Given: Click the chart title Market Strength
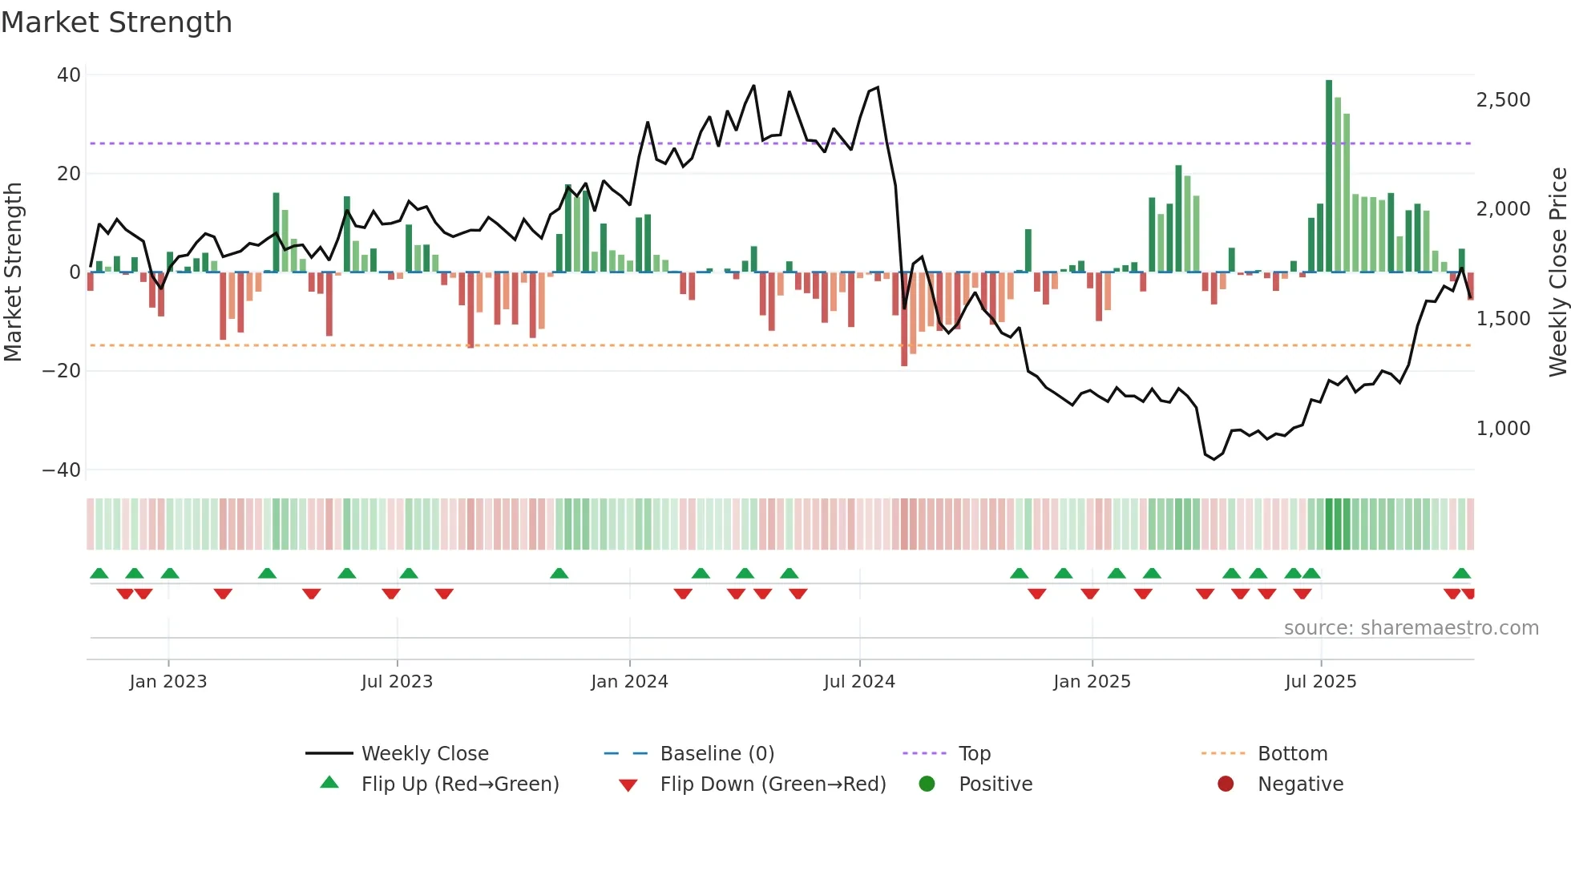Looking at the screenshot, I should (116, 22).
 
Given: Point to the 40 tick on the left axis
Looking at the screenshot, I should (69, 75).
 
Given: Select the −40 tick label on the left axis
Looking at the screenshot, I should (62, 470).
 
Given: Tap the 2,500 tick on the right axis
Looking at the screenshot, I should (1503, 100).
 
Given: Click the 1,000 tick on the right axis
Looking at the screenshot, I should (1503, 429).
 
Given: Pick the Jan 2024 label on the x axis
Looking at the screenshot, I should (629, 682).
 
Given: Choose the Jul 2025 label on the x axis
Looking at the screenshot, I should (1320, 682).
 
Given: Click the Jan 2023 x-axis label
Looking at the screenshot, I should (168, 682).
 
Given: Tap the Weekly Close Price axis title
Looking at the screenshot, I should (1557, 272).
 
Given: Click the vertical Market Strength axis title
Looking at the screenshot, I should (13, 272).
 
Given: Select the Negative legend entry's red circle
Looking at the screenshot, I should (1226, 784).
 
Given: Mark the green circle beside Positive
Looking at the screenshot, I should (927, 784).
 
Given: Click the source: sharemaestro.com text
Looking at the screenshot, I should (1411, 628).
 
